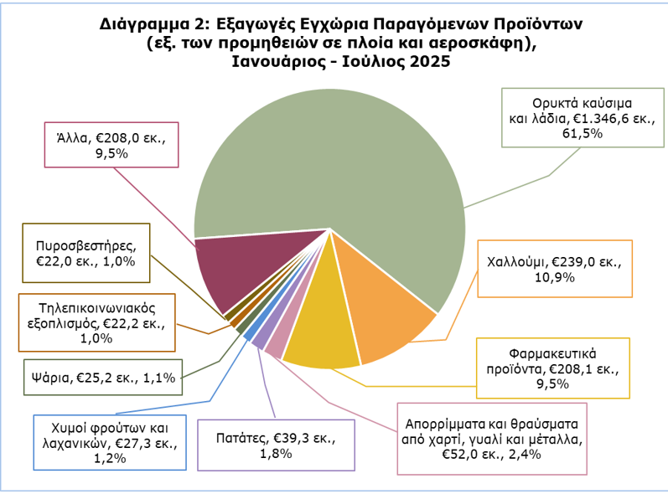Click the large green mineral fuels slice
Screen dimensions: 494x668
coord(335,159)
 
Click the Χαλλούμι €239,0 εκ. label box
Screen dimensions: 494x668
coord(554,269)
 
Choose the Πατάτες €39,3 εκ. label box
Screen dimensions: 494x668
coord(276,445)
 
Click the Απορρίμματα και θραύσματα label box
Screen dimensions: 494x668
coord(492,435)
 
